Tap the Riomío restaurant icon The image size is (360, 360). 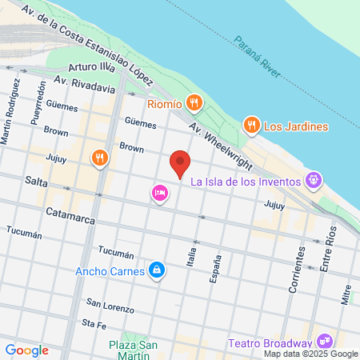click(193, 102)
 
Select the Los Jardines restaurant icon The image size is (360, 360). click(251, 125)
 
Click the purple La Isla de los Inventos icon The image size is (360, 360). click(314, 181)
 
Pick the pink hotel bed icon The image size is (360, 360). click(158, 194)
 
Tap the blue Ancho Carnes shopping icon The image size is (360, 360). click(158, 270)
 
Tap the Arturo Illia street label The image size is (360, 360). click(94, 69)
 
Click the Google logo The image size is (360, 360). click(26, 350)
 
